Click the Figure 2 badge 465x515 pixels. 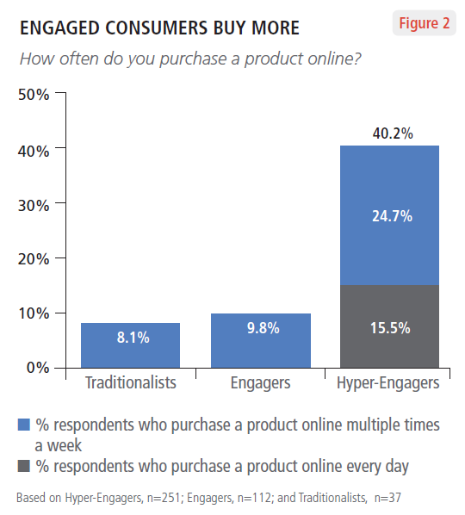pyautogui.click(x=424, y=23)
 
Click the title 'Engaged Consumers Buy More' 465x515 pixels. pyautogui.click(x=159, y=28)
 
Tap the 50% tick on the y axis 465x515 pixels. pyautogui.click(x=34, y=94)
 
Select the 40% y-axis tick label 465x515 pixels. pyautogui.click(x=34, y=149)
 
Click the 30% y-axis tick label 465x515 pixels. pyautogui.click(x=34, y=204)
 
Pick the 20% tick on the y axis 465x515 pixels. pyautogui.click(x=34, y=258)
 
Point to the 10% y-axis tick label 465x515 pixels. pyautogui.click(x=34, y=313)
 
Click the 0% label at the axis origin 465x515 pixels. pyautogui.click(x=37, y=368)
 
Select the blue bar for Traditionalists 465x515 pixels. pyautogui.click(x=130, y=344)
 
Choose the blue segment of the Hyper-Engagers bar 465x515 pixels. pyautogui.click(x=390, y=215)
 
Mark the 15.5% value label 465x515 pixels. pyautogui.click(x=390, y=327)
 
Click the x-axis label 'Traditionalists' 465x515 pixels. pyautogui.click(x=131, y=382)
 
